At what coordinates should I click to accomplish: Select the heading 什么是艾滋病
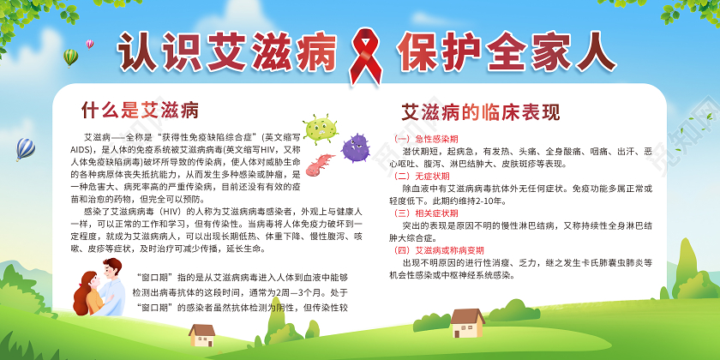[140, 110]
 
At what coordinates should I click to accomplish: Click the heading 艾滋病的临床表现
[481, 112]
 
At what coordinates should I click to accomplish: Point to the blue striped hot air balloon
[25, 149]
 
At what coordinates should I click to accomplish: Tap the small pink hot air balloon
[90, 42]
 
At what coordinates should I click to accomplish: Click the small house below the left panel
[202, 333]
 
